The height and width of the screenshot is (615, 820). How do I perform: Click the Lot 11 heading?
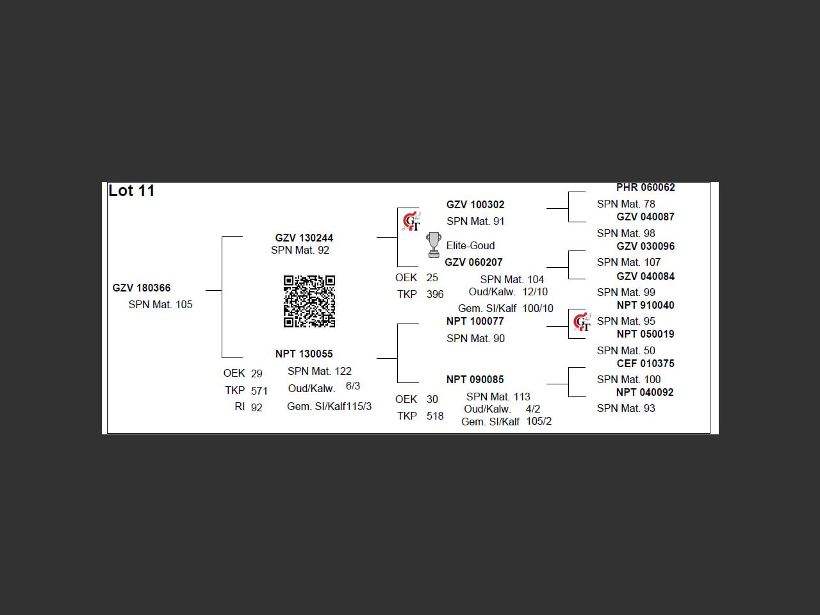[131, 191]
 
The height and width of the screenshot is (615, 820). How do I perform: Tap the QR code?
[309, 301]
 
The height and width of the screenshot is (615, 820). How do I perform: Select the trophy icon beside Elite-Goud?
[434, 245]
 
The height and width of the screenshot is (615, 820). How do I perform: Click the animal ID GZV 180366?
[142, 288]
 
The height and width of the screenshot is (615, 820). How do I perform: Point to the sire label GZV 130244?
[304, 238]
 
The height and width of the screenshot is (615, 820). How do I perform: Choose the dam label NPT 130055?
[304, 354]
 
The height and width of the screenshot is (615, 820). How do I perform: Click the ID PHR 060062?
[646, 187]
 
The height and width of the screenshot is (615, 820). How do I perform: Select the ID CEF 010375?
[646, 363]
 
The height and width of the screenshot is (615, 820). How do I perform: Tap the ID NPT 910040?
[646, 305]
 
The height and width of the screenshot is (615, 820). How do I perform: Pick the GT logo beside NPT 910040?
[582, 322]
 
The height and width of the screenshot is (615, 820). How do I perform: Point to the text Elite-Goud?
[470, 245]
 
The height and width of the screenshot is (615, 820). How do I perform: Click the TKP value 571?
[259, 390]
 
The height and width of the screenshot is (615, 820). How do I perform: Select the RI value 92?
[256, 407]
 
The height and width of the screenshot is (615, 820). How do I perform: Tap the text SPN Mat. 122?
[320, 371]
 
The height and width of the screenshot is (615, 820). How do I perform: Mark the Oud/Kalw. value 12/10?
[535, 291]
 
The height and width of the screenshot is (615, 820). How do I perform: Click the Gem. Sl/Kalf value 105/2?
[539, 421]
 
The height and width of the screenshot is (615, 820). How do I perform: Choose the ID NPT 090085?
[475, 379]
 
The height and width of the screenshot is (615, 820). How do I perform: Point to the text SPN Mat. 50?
[626, 350]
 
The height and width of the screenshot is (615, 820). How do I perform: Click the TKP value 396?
[435, 294]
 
